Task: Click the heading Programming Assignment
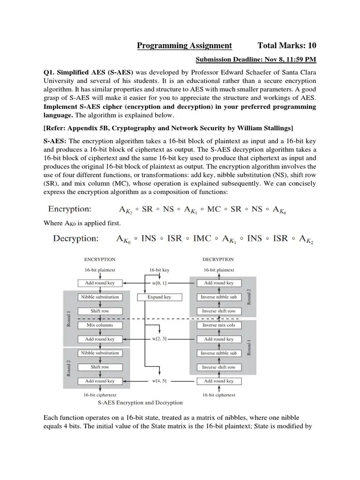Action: (x=184, y=45)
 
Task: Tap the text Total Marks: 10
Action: (x=287, y=45)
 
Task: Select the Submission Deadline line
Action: (x=255, y=60)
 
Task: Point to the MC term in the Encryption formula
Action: (x=214, y=209)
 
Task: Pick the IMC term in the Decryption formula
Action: (x=199, y=239)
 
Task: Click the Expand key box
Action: (x=159, y=297)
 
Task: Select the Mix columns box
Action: (x=99, y=325)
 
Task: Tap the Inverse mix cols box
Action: (x=218, y=325)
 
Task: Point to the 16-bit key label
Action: (x=159, y=270)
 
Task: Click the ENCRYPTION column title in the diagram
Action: (x=99, y=259)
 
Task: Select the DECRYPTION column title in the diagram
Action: (x=218, y=259)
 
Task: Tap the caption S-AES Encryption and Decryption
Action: (x=140, y=402)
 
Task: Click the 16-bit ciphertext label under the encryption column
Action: (x=100, y=395)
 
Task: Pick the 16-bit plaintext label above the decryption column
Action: (x=218, y=270)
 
